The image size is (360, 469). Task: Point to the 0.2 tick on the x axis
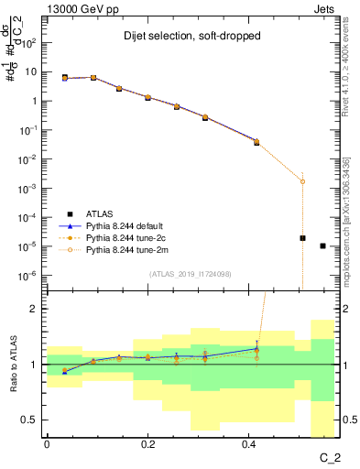[x=148, y=443]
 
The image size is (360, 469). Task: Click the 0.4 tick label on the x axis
[x=249, y=443]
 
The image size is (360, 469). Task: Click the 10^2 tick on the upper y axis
[x=30, y=42]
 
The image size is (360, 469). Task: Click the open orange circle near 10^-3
[x=302, y=181]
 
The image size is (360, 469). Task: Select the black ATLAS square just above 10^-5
[x=302, y=238]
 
